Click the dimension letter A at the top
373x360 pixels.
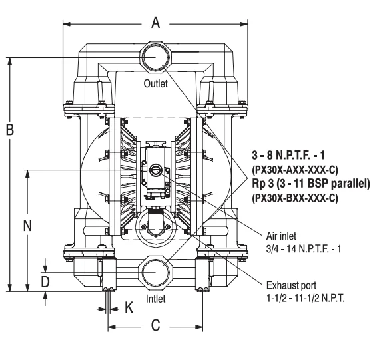pos(156,23)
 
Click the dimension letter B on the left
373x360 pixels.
pos(10,130)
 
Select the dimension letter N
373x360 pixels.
pos(28,226)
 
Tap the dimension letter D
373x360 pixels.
pos(45,281)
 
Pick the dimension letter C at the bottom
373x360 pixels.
pos(155,327)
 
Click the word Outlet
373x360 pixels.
pos(155,85)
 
